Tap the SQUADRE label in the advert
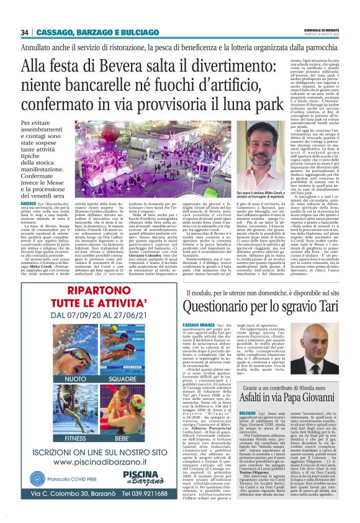point(122,378)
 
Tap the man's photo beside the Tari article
point(331,345)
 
